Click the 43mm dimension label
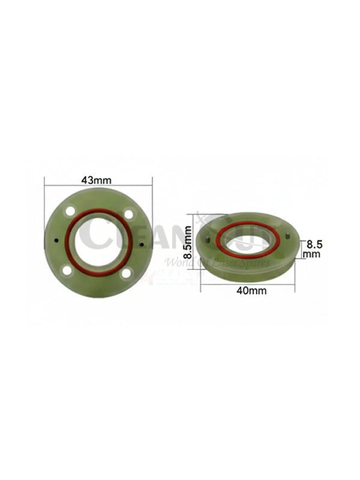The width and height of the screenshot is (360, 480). tap(98, 179)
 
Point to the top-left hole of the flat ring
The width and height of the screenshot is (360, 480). tap(71, 211)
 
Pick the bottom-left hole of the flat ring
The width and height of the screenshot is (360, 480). tap(67, 271)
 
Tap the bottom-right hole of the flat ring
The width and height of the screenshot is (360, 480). tap(125, 274)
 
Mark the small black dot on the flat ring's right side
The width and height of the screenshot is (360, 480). tap(142, 244)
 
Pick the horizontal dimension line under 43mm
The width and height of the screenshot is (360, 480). tap(98, 186)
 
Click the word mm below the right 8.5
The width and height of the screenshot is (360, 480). tap(313, 254)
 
